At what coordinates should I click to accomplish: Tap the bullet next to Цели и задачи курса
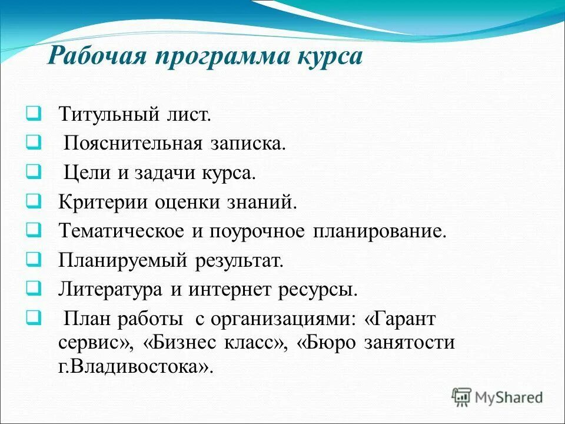[33, 172]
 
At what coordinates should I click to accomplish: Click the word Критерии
[102, 203]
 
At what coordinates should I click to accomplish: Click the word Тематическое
[121, 231]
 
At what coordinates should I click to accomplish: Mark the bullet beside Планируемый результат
[33, 259]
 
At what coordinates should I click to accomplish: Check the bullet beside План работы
[33, 318]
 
